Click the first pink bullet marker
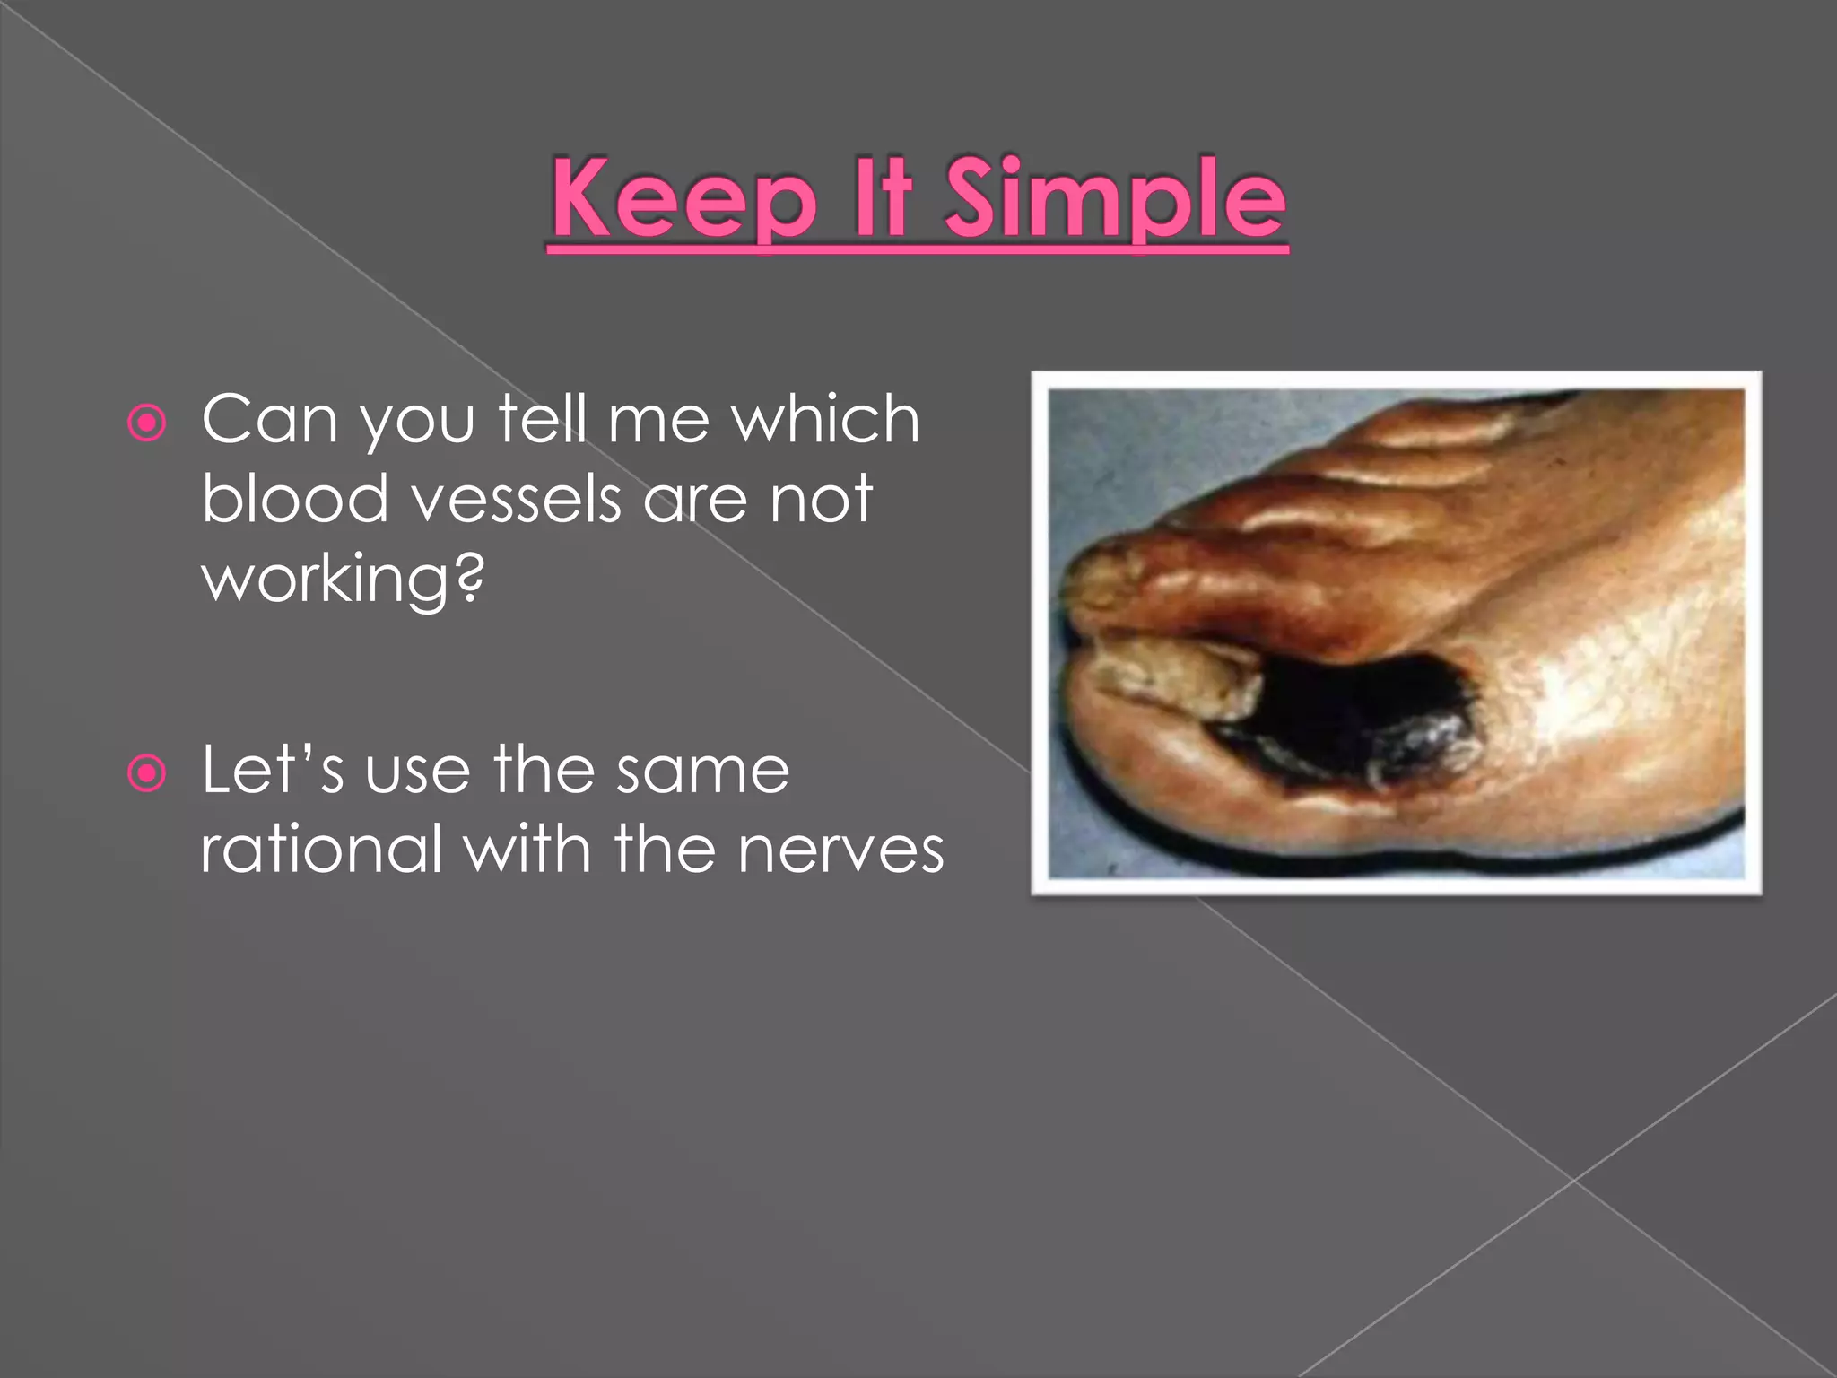[147, 423]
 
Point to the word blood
[294, 499]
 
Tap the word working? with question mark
[343, 580]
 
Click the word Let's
[272, 770]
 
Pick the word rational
[321, 849]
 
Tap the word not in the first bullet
[821, 500]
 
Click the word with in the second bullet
[527, 849]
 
